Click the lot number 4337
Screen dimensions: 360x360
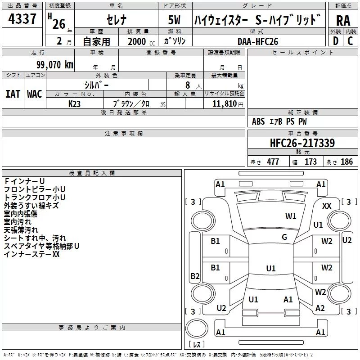point(22,19)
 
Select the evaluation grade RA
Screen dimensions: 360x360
point(343,21)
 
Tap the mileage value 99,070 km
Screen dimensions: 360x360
point(55,65)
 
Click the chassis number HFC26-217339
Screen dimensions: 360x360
point(302,143)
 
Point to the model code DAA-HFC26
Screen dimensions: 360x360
point(258,41)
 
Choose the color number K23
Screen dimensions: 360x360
point(74,104)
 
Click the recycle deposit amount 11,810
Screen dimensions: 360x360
point(224,103)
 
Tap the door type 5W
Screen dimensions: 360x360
point(174,20)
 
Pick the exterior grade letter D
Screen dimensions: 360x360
point(336,41)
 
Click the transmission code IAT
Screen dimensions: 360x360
point(13,94)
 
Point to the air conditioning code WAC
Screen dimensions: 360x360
point(35,94)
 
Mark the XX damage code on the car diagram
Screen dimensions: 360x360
point(327,206)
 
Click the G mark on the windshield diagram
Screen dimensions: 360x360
point(284,237)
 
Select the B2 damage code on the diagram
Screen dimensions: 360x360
point(195,276)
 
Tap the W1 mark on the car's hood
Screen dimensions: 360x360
point(291,216)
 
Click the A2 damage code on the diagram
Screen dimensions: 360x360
point(320,308)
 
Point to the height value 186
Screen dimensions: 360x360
point(346,162)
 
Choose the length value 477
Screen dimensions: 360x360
point(273,162)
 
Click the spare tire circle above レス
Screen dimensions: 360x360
point(197,328)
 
